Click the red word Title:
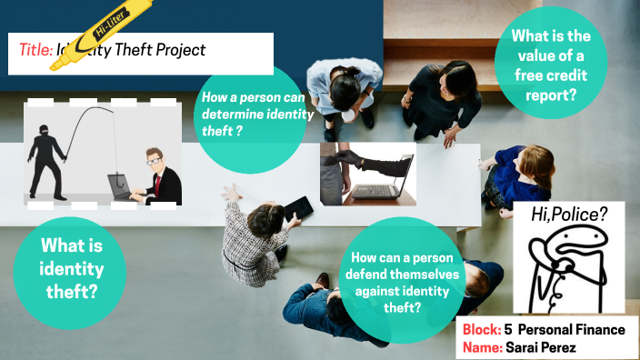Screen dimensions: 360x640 35,51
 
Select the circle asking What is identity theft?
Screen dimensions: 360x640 70,269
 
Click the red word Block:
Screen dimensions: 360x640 481,330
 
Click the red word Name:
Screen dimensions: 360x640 482,347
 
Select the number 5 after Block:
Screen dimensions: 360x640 510,330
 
